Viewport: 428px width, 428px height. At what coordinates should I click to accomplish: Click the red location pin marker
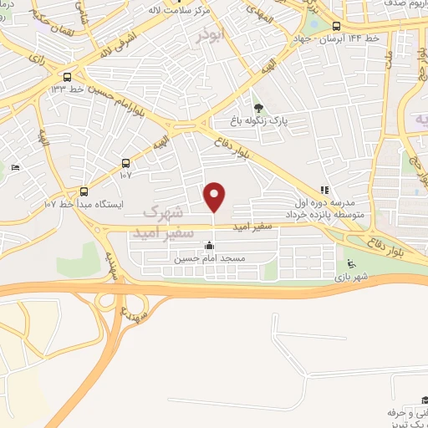215,197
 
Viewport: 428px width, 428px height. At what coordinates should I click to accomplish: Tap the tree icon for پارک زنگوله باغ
258,107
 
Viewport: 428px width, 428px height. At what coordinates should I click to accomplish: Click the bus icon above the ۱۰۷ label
125,163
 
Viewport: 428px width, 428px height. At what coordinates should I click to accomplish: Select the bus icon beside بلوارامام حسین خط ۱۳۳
78,75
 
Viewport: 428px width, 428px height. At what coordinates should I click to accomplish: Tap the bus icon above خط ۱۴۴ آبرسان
337,26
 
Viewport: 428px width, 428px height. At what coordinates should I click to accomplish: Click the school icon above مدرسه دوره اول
324,190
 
